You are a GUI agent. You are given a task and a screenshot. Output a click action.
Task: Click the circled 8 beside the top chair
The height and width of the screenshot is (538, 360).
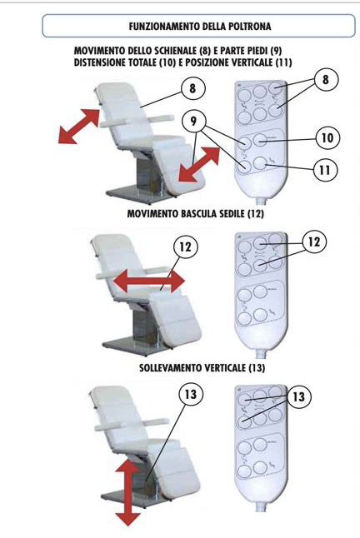click(x=192, y=88)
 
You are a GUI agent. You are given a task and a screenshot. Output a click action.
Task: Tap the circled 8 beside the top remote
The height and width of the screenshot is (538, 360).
click(x=325, y=80)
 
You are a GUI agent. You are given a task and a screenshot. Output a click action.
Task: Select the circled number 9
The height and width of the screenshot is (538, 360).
click(x=193, y=121)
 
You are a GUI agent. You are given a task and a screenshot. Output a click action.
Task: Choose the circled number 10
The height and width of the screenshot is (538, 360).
click(x=327, y=138)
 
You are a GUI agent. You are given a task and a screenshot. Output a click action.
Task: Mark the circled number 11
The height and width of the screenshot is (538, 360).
click(x=325, y=170)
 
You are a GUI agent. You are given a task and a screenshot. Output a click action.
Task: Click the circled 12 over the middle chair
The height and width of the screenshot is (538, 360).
click(x=186, y=247)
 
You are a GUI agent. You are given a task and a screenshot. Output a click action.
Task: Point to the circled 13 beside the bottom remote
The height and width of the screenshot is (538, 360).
click(x=298, y=397)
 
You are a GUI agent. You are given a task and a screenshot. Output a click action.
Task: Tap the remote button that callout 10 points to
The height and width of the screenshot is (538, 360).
click(x=260, y=140)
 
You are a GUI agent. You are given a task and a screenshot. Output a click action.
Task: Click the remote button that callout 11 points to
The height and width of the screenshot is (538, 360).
click(x=261, y=164)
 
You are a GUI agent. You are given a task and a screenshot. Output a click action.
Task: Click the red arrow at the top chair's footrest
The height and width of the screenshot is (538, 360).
click(x=198, y=164)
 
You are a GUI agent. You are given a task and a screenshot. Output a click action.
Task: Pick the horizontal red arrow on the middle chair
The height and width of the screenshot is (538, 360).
click(x=149, y=281)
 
